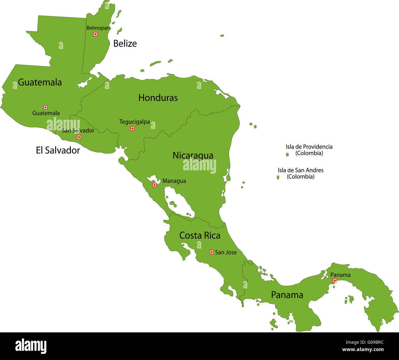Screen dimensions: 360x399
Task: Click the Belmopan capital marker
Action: click(95, 34)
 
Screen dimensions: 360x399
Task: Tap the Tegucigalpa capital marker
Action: click(133, 129)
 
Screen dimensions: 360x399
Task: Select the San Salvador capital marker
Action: click(79, 137)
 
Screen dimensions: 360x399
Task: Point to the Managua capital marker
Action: click(155, 185)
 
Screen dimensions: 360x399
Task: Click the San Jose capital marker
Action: click(211, 252)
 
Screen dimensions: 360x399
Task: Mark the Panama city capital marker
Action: click(335, 281)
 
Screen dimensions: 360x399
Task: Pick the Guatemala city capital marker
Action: click(45, 107)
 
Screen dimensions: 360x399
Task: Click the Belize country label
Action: click(125, 44)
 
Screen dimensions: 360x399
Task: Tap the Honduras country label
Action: click(158, 98)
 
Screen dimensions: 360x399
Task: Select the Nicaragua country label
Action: click(193, 156)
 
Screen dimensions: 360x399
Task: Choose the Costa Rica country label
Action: click(199, 236)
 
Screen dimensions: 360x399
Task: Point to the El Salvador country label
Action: click(58, 150)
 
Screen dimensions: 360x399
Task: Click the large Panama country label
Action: click(287, 295)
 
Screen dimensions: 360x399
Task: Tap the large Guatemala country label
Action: click(40, 82)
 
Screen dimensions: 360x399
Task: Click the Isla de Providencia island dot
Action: click(288, 155)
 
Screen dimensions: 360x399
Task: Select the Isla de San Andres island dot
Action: click(278, 177)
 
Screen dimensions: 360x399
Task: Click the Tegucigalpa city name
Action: click(134, 122)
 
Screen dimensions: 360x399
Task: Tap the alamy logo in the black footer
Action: click(31, 346)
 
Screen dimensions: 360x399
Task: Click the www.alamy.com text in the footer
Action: click(363, 350)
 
